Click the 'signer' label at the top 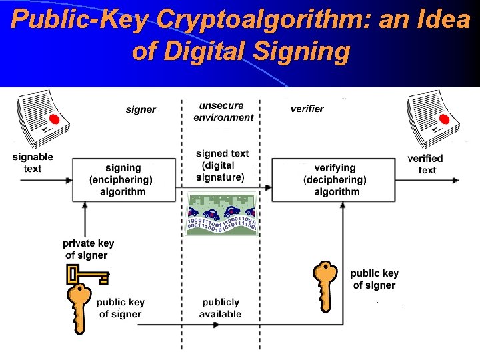[141, 109]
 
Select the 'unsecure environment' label [223, 111]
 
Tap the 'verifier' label [307, 109]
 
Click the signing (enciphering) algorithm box [123, 180]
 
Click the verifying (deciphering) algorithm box [335, 180]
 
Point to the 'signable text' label [33, 163]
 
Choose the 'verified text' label [425, 164]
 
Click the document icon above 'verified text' [431, 119]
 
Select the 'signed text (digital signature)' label [222, 165]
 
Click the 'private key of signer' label [89, 249]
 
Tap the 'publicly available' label [220, 308]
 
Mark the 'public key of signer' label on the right [374, 279]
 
